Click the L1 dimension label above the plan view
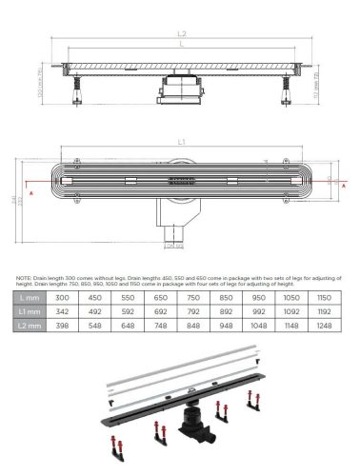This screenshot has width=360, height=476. coord(182,141)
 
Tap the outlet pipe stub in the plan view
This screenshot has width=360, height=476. coord(172,232)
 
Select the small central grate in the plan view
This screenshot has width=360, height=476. coord(181,179)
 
